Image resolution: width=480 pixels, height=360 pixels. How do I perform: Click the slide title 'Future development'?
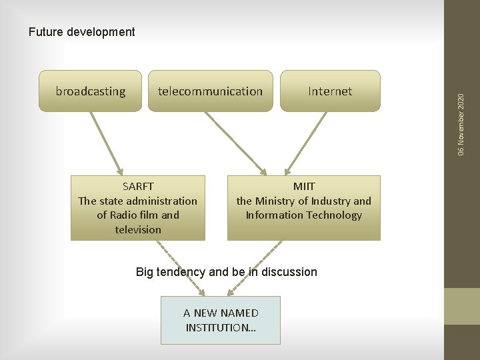81,32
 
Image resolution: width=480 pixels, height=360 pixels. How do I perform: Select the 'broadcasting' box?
91,91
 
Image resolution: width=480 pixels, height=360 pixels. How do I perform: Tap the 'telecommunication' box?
210,91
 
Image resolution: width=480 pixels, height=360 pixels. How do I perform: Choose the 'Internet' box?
330,91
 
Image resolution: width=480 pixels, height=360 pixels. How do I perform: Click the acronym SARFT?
138,187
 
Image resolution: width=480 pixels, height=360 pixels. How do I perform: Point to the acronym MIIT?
304,187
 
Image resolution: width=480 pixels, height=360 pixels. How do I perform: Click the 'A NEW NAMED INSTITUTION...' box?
221,320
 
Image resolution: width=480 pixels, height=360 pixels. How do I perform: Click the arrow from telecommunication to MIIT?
235,142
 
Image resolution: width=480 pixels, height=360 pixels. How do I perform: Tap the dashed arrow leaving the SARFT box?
180,267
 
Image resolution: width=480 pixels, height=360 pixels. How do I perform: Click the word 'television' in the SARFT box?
138,229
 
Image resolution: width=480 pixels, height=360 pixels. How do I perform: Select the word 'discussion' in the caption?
290,272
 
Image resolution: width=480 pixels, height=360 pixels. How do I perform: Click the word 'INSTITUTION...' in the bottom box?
221,327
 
